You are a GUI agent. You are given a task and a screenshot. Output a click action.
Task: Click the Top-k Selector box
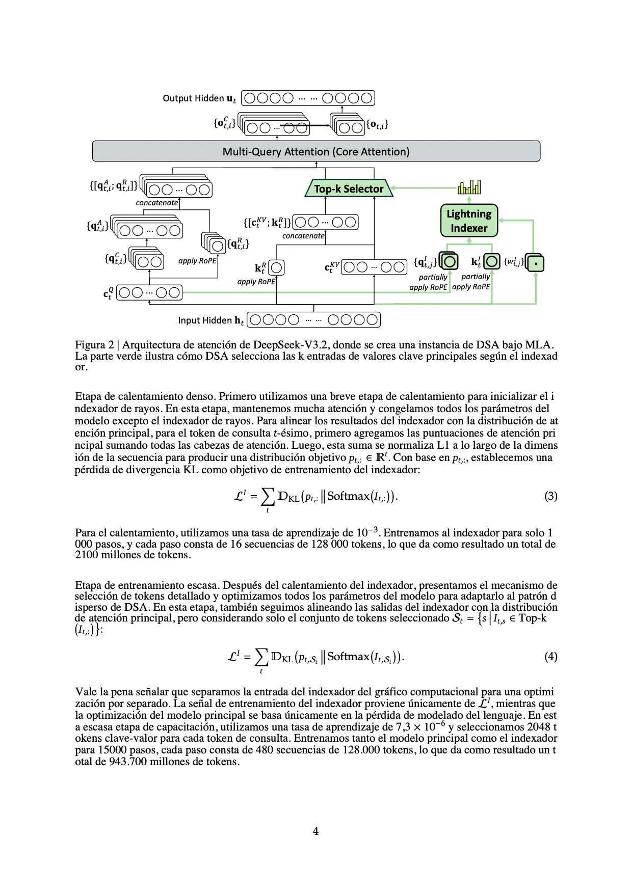(x=349, y=188)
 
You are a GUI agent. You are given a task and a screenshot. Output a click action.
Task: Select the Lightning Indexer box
(x=469, y=221)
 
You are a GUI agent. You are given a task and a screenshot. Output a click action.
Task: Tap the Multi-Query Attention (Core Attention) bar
(x=316, y=151)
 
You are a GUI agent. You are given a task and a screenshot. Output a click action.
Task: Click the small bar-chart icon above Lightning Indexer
(x=469, y=187)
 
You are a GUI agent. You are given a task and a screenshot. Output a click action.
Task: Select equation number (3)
(x=550, y=496)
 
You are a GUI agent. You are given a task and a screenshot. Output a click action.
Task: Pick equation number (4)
(x=550, y=656)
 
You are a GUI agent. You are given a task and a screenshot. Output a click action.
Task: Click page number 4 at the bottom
(x=315, y=831)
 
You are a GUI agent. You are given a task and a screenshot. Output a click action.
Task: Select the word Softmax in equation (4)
(x=348, y=656)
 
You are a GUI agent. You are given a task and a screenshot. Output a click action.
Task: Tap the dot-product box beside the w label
(x=536, y=263)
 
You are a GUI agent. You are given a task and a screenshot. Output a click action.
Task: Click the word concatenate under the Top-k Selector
(x=303, y=236)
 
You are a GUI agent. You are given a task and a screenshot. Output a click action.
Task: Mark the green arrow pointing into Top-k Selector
(x=423, y=188)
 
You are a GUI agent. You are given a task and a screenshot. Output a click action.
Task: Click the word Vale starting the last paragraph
(x=86, y=692)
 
